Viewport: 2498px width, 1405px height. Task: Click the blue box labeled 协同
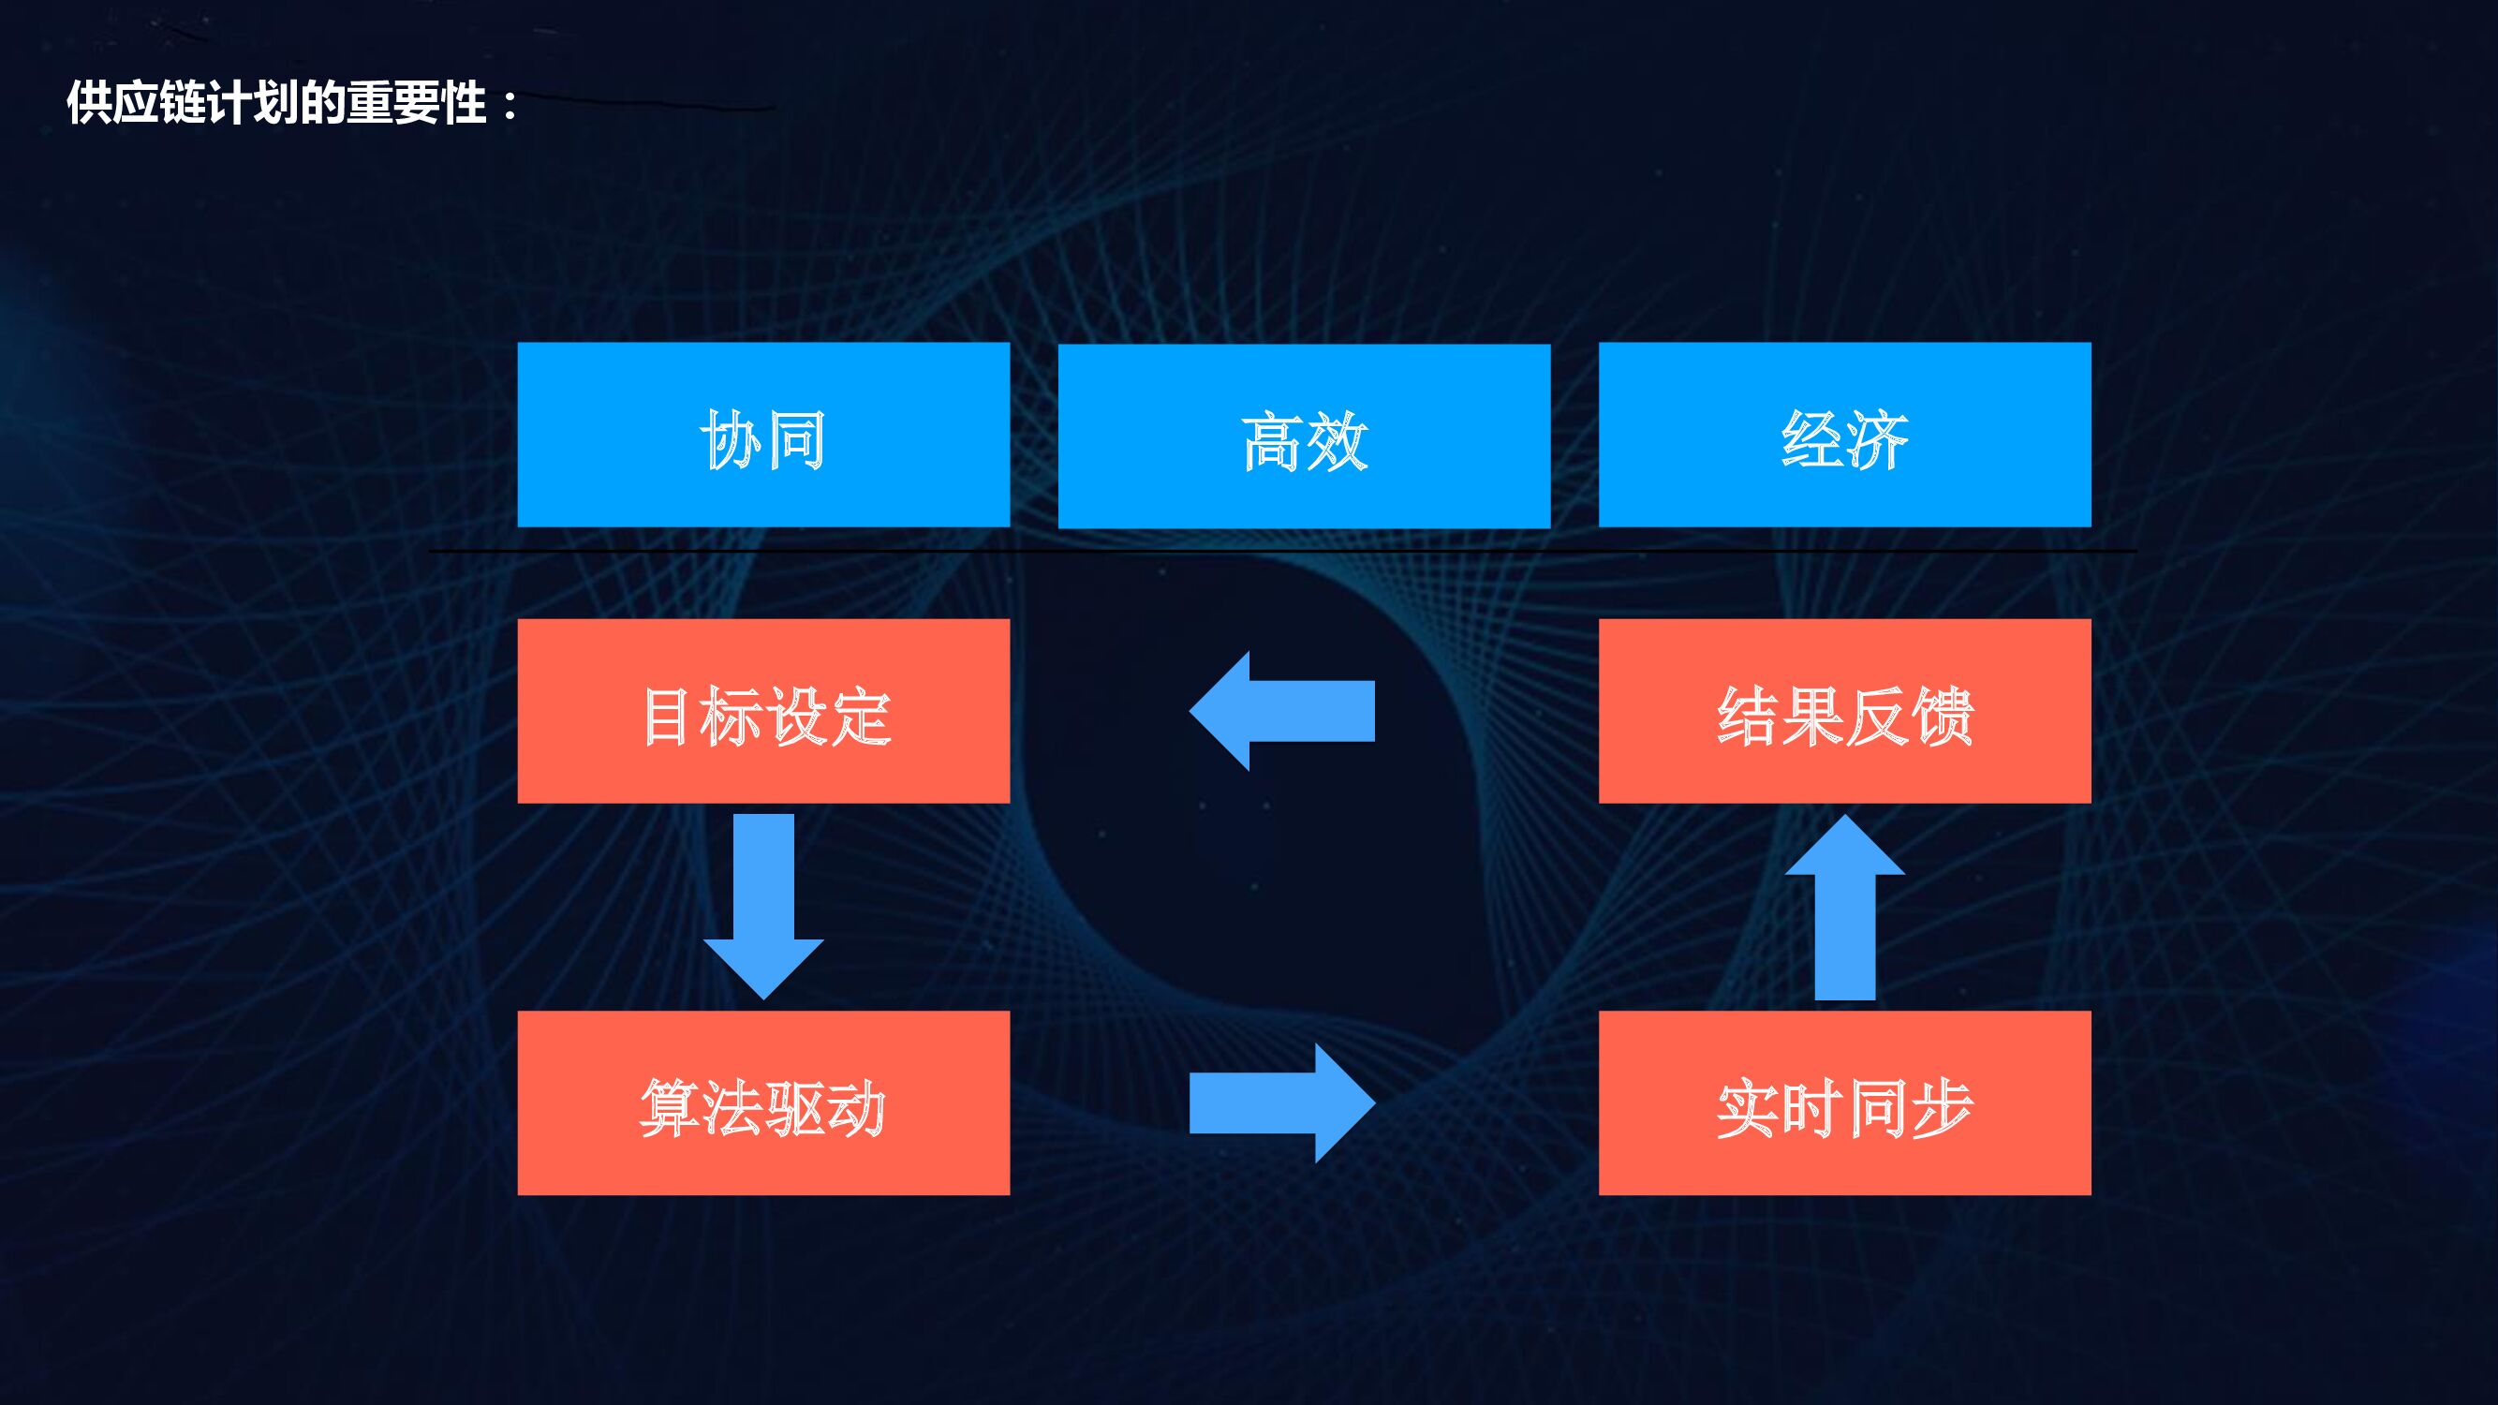point(763,435)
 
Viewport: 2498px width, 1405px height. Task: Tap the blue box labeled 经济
point(1844,435)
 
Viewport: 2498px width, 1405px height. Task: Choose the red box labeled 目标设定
point(763,711)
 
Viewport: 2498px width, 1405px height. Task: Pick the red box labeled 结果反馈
point(1844,711)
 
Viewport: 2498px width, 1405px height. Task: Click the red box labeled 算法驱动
point(763,1102)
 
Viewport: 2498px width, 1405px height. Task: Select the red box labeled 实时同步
point(1844,1102)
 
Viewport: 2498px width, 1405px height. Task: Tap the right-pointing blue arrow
point(1282,1102)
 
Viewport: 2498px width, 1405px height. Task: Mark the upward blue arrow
point(1844,908)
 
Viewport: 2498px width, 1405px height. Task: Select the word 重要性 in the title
point(416,103)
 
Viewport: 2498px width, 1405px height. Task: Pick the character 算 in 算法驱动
point(666,1107)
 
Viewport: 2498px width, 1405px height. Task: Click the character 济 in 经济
point(1877,439)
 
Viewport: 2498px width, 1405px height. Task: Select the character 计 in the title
point(229,103)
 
